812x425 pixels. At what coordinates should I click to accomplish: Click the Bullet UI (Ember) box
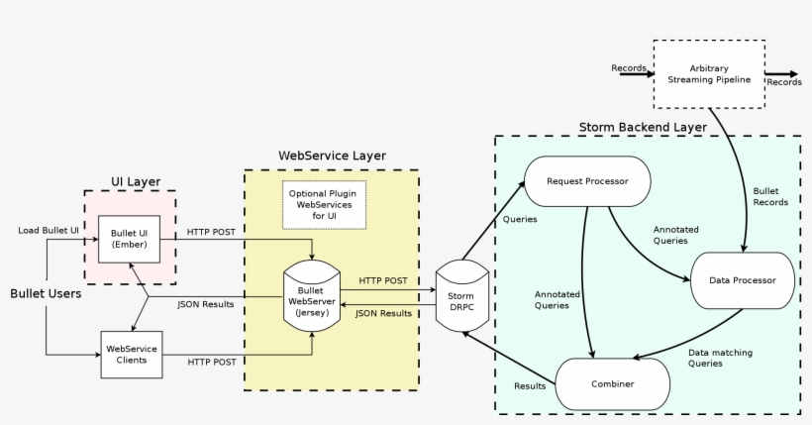tap(129, 238)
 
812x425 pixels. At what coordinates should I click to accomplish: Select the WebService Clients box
tap(132, 354)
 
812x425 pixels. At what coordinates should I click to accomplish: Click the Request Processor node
tap(588, 180)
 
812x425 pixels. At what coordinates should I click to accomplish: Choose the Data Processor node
tap(743, 280)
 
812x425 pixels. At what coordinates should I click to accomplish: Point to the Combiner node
tap(613, 382)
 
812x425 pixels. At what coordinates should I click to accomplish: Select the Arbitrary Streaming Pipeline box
tap(708, 73)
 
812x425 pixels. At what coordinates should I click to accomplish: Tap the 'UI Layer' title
tap(135, 181)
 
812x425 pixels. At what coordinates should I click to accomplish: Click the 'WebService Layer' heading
tap(332, 157)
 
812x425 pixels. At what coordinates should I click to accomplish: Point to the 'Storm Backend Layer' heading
tap(642, 128)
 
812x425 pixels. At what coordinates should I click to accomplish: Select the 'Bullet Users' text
tap(46, 294)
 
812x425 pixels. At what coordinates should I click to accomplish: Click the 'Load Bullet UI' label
tap(49, 230)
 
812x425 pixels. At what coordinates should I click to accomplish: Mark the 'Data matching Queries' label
tap(719, 358)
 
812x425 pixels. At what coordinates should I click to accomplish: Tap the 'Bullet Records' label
tap(770, 196)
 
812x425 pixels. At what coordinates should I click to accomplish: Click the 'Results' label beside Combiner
tap(530, 385)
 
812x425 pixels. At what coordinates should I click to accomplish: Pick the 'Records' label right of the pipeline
tap(784, 82)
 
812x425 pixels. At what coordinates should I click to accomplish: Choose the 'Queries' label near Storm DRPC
tap(521, 219)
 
